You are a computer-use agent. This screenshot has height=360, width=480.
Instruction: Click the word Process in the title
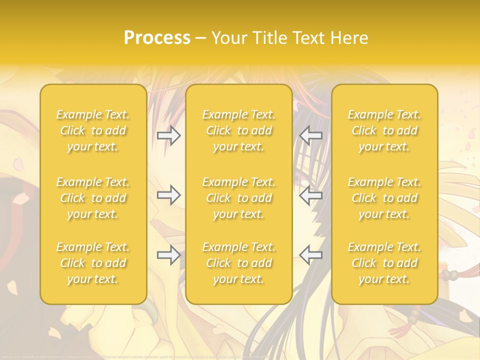(x=157, y=38)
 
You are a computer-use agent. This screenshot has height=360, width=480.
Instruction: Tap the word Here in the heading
(x=348, y=38)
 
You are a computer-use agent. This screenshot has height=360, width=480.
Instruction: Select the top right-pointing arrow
(x=168, y=135)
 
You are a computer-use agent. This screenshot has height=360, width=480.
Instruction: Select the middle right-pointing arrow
(x=168, y=195)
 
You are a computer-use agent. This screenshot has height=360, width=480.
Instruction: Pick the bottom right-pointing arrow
(x=168, y=255)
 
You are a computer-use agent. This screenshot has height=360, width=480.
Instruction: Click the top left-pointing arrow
(x=311, y=135)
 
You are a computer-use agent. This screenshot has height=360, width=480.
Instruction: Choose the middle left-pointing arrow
(x=311, y=195)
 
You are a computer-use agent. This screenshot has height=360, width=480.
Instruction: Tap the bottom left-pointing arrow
(x=311, y=255)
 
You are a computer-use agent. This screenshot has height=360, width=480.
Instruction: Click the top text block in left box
(x=93, y=130)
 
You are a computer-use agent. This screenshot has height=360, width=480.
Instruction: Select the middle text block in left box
(x=93, y=198)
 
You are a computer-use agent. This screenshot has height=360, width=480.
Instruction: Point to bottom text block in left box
(x=93, y=263)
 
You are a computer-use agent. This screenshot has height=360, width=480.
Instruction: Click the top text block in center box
(x=239, y=130)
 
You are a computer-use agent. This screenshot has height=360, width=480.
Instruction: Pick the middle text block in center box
(x=239, y=198)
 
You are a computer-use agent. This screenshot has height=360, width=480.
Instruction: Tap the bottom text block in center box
(x=239, y=263)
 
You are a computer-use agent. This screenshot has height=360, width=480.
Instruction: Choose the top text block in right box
(x=384, y=130)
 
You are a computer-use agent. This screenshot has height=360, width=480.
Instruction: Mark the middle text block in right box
(x=384, y=198)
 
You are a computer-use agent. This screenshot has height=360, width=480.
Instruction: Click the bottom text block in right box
(x=384, y=263)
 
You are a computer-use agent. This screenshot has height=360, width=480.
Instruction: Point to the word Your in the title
(x=228, y=38)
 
